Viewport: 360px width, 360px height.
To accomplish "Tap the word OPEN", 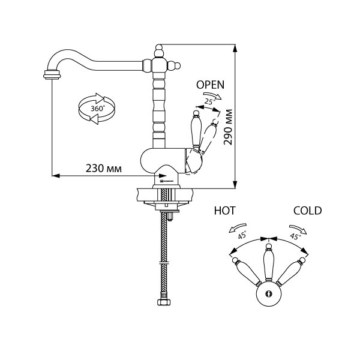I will pos(211,86).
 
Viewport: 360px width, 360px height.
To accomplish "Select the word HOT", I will pos(225,211).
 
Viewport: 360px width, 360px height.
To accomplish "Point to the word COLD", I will pos(307,211).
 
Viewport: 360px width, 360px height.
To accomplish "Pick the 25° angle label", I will pos(208,103).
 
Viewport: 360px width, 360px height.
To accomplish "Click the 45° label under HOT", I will pos(242,236).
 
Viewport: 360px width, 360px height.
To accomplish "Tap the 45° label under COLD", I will pos(295,236).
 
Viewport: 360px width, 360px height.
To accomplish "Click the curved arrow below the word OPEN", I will pos(212,95).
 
